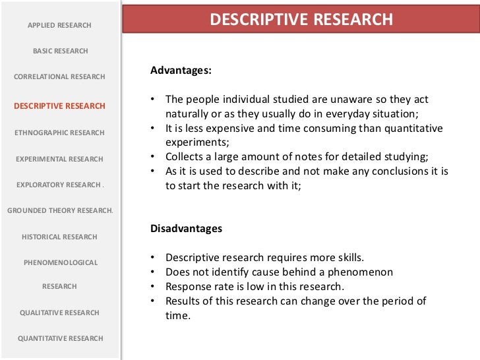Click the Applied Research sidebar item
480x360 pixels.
[x=59, y=25]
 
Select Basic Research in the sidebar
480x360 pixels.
[x=60, y=51]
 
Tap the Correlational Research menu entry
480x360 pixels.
[x=59, y=76]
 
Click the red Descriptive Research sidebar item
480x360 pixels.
[x=59, y=105]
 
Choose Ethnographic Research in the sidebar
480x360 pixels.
[x=59, y=133]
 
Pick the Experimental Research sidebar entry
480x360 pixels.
[x=59, y=159]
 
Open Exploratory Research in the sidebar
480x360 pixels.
[x=59, y=185]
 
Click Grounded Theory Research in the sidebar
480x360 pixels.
[x=60, y=211]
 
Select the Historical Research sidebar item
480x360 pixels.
[x=59, y=237]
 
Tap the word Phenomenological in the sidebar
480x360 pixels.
[x=61, y=262]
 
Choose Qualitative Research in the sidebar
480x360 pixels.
[x=59, y=313]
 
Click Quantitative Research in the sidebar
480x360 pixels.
[x=61, y=338]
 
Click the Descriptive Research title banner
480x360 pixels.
[x=301, y=20]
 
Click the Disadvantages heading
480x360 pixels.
[x=187, y=229]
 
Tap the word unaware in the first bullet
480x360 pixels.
[x=321, y=100]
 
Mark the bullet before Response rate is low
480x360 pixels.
[x=153, y=287]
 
